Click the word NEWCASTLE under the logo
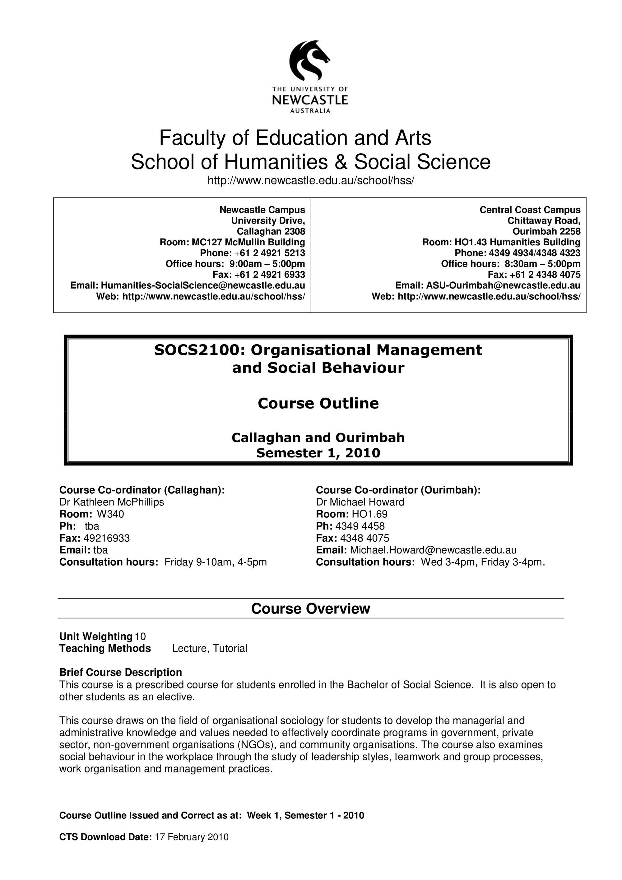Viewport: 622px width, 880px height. [310, 100]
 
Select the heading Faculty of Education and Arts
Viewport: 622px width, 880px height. [295, 138]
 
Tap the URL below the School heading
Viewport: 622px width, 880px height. [311, 180]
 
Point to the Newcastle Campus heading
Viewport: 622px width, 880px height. [262, 210]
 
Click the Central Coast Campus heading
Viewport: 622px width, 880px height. [530, 210]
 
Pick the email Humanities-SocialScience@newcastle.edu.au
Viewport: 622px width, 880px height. [203, 285]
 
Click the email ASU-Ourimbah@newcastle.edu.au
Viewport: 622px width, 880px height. [503, 285]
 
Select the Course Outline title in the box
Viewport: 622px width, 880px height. [318, 403]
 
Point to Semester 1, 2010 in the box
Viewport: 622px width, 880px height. [318, 453]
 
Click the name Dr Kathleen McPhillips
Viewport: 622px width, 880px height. [112, 502]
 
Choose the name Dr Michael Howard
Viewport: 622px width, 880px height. [360, 502]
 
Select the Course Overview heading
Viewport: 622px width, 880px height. [310, 609]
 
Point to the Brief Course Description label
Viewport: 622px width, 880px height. [120, 672]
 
